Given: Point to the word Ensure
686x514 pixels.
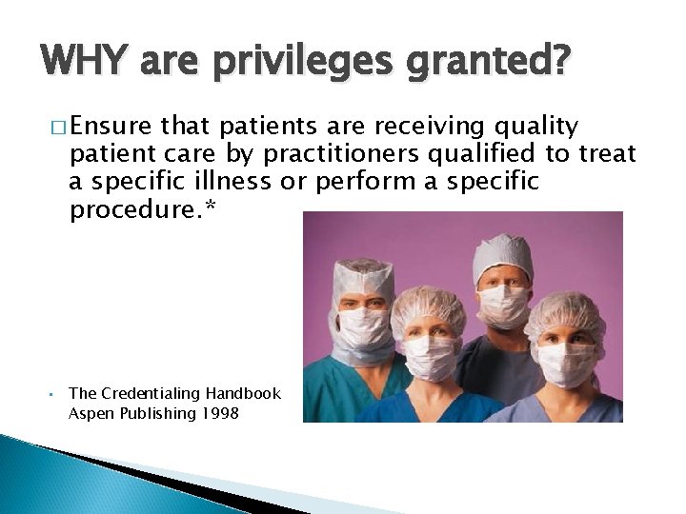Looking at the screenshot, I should (111, 128).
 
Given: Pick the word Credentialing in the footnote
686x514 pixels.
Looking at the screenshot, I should (148, 393).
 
